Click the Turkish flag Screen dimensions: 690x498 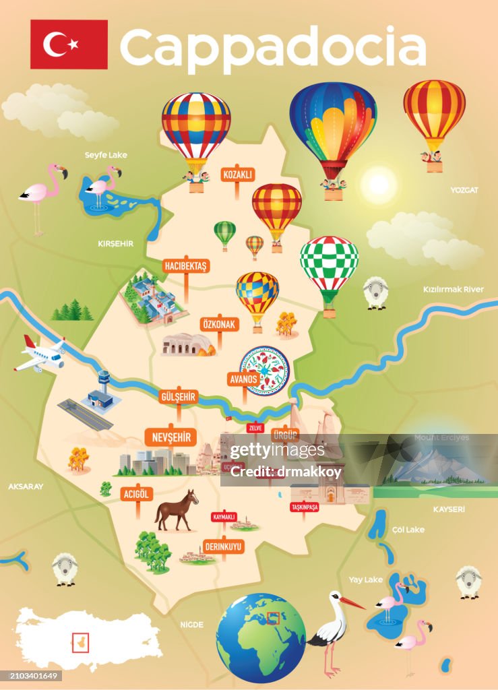69,44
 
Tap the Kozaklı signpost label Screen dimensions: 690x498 237,175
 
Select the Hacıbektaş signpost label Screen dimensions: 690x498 185,266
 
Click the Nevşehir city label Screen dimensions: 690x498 171,437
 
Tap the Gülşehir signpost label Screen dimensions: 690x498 179,396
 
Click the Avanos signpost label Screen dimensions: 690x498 244,378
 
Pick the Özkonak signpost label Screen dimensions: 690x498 220,324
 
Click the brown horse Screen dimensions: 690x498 177,509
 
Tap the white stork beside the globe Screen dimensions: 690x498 333,627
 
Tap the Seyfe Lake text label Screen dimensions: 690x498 106,155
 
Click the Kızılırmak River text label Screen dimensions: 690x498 453,289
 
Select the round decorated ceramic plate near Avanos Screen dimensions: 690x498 264,370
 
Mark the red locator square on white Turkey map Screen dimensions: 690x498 80,642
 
